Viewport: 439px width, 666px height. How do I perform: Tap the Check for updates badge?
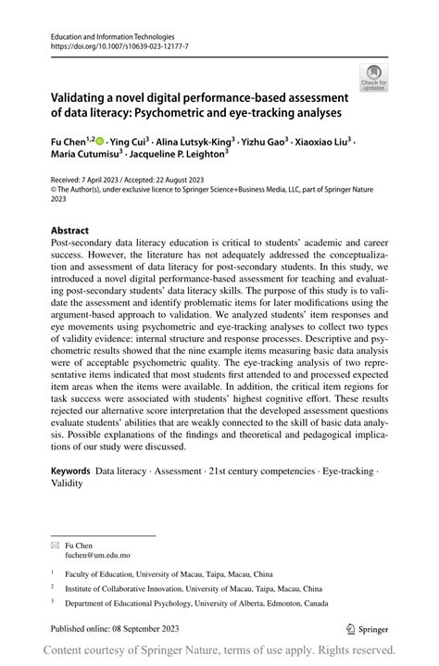(x=375, y=78)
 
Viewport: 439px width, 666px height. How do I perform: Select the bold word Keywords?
(x=71, y=471)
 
